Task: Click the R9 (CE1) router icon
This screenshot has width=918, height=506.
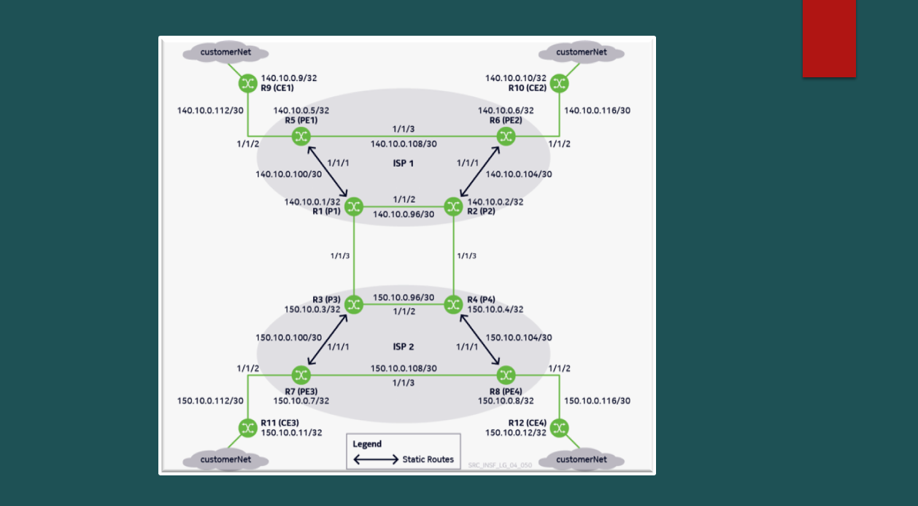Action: click(248, 84)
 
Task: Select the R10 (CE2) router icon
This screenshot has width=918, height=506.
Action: click(560, 84)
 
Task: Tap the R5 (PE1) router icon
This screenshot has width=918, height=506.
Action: click(301, 136)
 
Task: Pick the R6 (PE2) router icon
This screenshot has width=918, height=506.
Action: click(506, 136)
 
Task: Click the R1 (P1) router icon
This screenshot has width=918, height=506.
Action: click(354, 206)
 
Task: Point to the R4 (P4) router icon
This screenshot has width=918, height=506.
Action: click(453, 305)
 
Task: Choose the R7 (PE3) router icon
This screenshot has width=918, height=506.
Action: click(301, 375)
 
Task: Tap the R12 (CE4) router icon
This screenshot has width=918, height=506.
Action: click(560, 428)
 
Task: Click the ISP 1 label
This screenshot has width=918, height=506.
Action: click(404, 163)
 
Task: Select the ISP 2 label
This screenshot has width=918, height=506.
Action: click(404, 347)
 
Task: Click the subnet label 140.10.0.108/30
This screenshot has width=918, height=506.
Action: click(404, 144)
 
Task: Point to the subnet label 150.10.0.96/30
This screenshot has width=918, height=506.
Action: click(404, 297)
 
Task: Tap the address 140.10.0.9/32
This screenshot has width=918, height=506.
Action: click(289, 78)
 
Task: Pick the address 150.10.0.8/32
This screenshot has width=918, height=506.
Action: click(506, 401)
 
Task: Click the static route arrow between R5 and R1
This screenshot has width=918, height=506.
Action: click(328, 171)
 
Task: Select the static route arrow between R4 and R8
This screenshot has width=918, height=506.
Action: click(479, 340)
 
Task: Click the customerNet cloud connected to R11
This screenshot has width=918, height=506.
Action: click(225, 460)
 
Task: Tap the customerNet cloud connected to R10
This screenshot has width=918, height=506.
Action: click(581, 52)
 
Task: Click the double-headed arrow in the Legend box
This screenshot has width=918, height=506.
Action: click(376, 459)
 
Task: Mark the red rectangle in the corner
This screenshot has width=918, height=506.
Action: click(829, 39)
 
